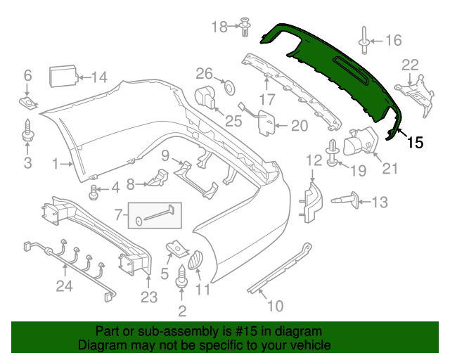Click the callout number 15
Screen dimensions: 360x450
point(416,143)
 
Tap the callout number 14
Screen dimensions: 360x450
point(101,77)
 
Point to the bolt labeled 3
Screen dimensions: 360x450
point(27,130)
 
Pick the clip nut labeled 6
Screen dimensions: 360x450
point(28,104)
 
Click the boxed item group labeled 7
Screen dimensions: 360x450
point(155,217)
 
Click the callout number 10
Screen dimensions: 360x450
point(275,305)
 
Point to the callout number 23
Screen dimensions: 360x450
point(148,297)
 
